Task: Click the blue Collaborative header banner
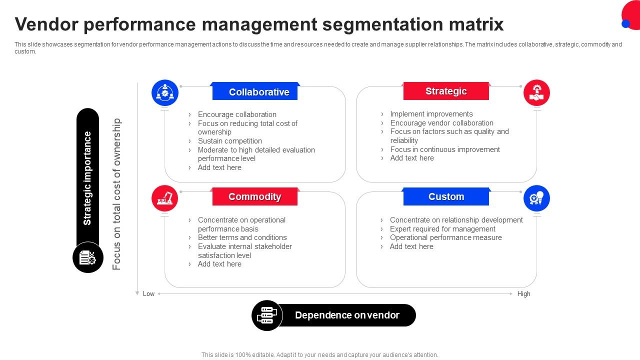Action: (255, 91)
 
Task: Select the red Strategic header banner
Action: (446, 91)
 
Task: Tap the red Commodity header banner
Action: (255, 196)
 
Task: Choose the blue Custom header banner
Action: (446, 196)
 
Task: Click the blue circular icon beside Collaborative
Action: (165, 93)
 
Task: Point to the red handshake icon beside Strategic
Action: (536, 93)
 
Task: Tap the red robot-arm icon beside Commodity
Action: (165, 198)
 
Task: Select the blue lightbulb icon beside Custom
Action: (536, 198)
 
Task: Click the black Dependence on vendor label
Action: (346, 315)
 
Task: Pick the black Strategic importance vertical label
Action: (87, 177)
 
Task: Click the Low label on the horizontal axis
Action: (148, 293)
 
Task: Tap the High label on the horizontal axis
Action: (523, 293)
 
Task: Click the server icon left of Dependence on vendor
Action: (267, 315)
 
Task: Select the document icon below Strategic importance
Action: (88, 257)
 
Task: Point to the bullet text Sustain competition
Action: (229, 141)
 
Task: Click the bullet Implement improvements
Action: (431, 114)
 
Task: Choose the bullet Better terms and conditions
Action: (242, 237)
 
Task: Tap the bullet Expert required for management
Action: (442, 229)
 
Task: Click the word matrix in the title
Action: (476, 24)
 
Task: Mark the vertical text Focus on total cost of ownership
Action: (116, 194)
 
